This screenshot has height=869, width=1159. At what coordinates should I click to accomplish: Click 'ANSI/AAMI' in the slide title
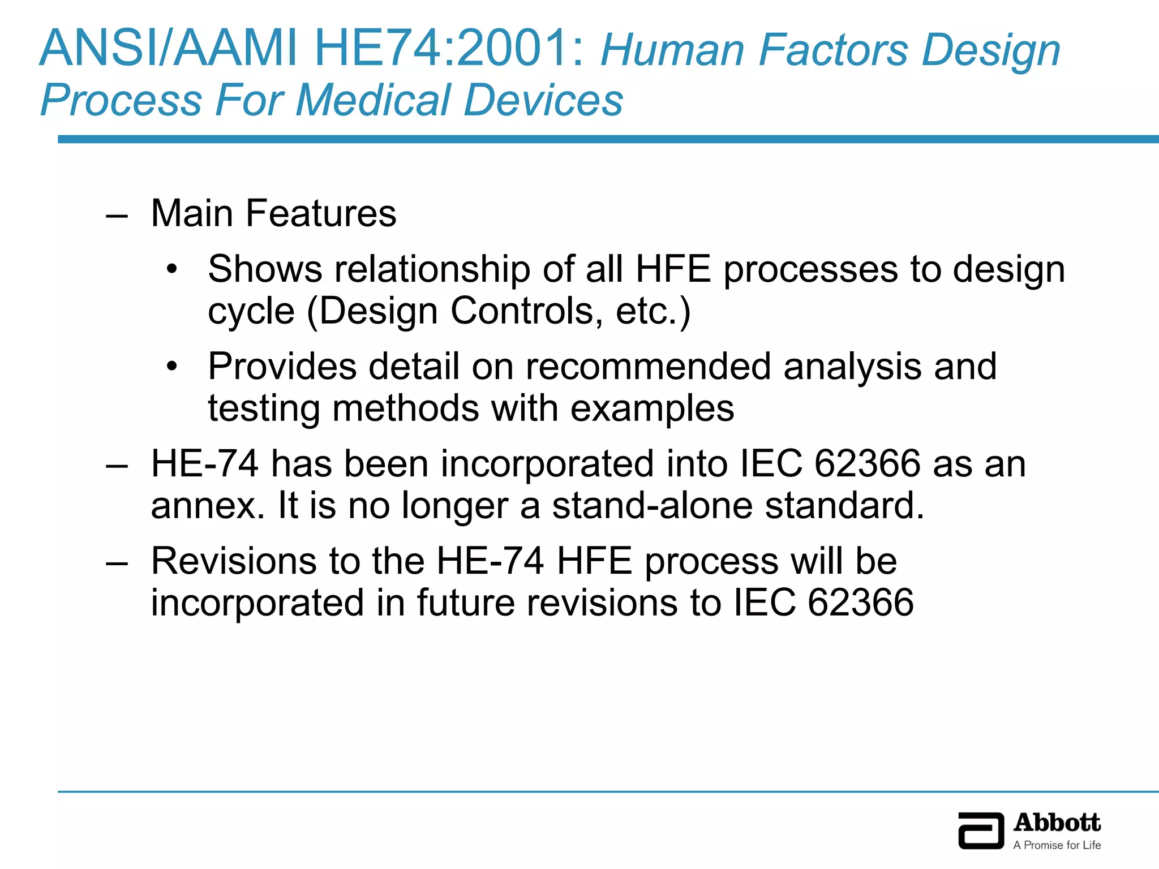[x=168, y=49]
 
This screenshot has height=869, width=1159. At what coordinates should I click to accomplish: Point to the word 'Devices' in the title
[x=543, y=100]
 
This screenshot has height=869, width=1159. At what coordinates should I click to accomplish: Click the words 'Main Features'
[x=274, y=213]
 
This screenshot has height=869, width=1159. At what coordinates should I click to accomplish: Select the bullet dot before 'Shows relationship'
[x=172, y=269]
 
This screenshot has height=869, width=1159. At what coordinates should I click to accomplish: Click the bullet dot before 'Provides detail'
[x=172, y=367]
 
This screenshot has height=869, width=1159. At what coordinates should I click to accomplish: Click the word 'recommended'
[x=648, y=367]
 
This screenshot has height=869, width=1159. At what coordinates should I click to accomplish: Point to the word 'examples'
[x=652, y=408]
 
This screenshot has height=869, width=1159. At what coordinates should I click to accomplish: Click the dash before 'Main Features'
[x=117, y=216]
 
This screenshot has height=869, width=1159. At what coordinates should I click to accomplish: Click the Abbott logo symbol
[x=981, y=831]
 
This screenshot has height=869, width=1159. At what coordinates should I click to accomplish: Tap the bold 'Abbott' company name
[x=1057, y=823]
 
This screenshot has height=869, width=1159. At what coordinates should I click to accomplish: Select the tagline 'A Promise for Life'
[x=1057, y=845]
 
